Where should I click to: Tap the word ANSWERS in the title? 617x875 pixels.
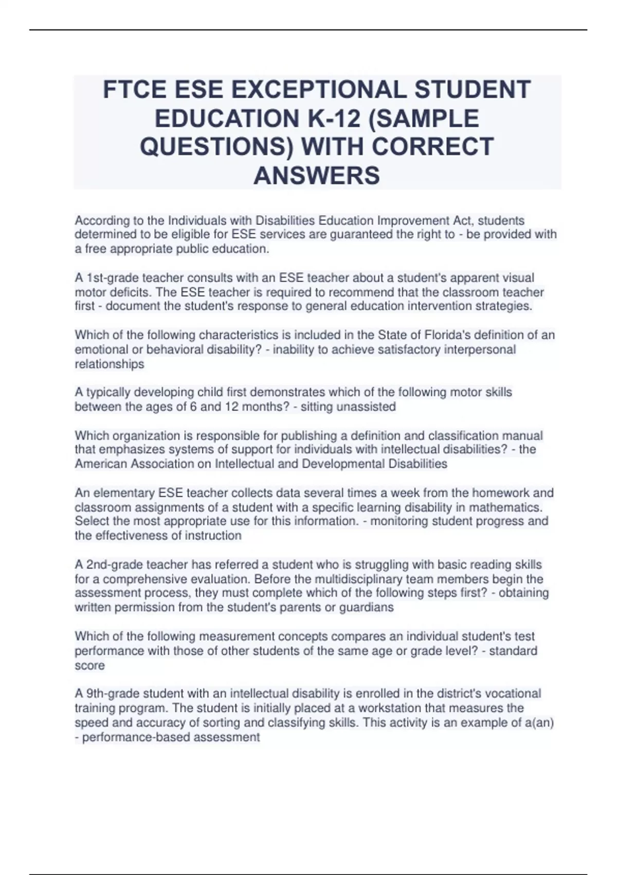(317, 176)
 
